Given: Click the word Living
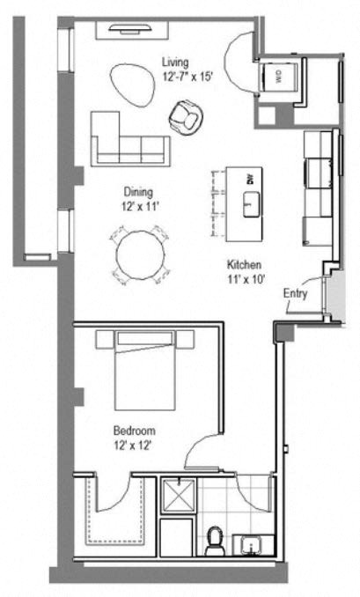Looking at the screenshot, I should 175,61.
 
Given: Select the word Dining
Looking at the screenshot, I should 138,192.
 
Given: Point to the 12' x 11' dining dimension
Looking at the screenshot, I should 138,206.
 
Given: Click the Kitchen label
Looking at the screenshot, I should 243,264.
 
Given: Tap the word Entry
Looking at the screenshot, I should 295,294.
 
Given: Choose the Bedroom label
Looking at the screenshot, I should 135,431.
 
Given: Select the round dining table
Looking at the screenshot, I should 141,255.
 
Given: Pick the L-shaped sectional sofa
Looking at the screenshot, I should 123,141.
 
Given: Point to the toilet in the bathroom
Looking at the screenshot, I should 214,540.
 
